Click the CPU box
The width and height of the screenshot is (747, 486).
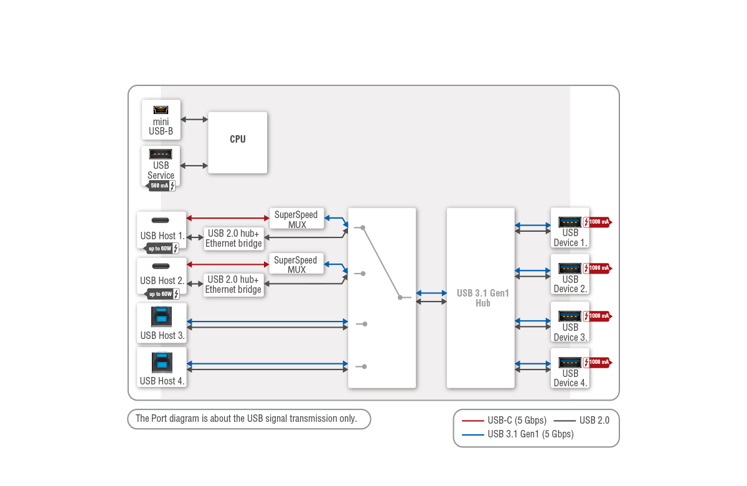(237, 142)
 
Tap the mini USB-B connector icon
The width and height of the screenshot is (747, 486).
(161, 110)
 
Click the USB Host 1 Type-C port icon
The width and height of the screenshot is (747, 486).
(161, 221)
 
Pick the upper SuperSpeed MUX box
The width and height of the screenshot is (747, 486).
(296, 219)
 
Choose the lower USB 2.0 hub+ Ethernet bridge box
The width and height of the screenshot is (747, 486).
(233, 285)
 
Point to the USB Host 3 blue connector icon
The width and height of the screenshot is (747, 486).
(161, 316)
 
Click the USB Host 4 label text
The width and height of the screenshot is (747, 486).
(162, 381)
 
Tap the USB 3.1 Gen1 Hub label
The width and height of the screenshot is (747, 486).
(482, 298)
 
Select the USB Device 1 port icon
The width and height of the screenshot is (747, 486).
(570, 221)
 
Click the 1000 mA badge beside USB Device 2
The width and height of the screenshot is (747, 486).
(598, 268)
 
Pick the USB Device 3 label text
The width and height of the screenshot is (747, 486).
(570, 332)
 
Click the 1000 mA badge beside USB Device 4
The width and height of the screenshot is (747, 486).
(598, 362)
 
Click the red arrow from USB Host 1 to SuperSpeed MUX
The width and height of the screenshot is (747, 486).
(228, 217)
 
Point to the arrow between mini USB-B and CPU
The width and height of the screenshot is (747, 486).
(194, 118)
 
